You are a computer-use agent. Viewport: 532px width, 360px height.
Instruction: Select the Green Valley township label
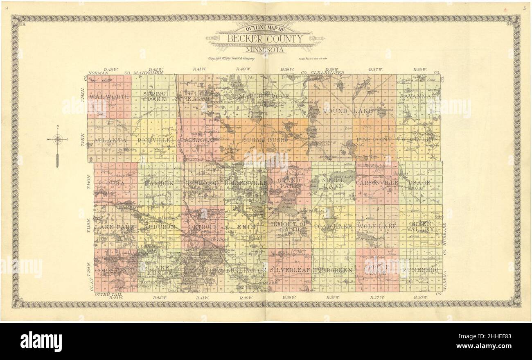[420, 226]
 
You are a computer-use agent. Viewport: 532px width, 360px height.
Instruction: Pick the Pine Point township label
[374, 140]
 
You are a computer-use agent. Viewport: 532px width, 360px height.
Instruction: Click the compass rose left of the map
[57, 140]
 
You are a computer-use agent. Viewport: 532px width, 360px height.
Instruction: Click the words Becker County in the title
[266, 39]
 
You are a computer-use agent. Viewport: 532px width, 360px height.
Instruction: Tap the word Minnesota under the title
[266, 50]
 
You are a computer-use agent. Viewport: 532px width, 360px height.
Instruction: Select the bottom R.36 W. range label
[420, 297]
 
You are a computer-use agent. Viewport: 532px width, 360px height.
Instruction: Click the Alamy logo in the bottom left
[41, 341]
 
